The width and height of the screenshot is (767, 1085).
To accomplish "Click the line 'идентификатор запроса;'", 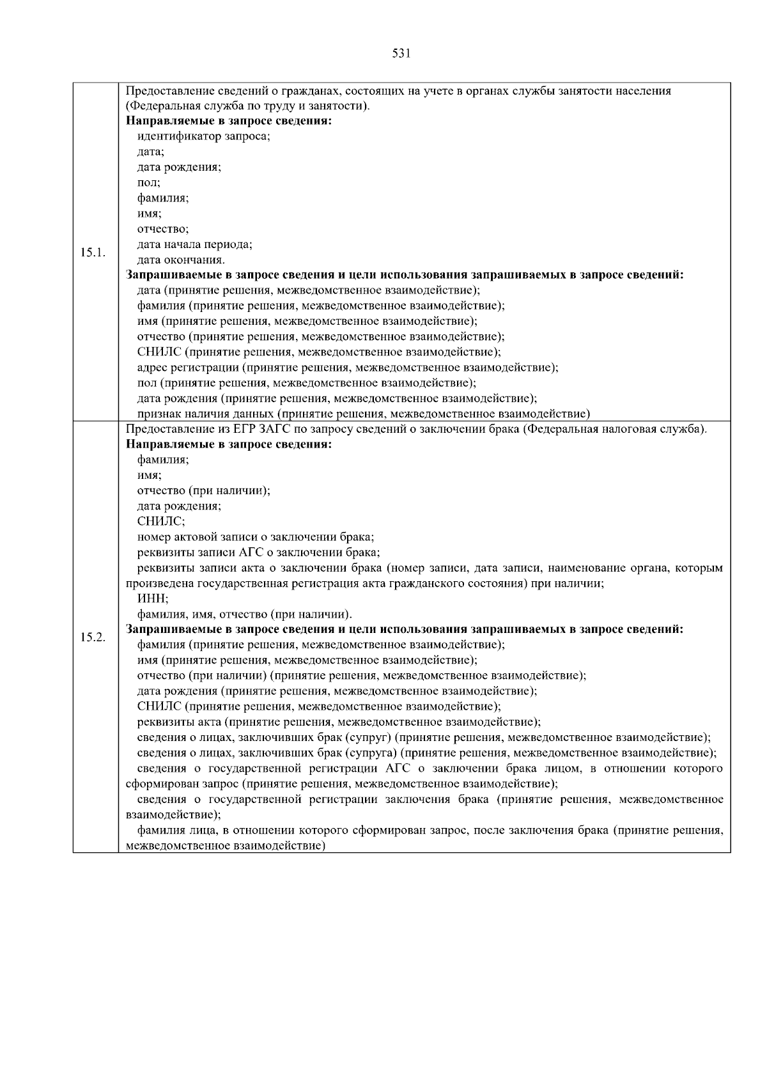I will (x=204, y=136).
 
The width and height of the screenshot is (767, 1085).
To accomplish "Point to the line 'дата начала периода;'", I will (x=195, y=244).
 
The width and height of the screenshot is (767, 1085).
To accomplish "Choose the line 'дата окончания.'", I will (x=182, y=260).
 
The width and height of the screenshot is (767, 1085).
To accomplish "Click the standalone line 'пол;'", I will (x=149, y=183).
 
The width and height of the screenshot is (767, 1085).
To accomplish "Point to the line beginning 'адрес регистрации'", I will (x=348, y=368).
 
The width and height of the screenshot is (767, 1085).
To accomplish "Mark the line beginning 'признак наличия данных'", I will (x=363, y=414).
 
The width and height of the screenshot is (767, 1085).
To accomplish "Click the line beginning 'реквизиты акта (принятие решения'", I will (x=339, y=722).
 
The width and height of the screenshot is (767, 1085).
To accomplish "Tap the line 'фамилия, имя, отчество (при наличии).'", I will (x=245, y=614).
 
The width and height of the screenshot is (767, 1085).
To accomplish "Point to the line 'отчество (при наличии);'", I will (x=204, y=491).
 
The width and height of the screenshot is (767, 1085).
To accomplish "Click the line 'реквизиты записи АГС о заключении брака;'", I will (x=259, y=552).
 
